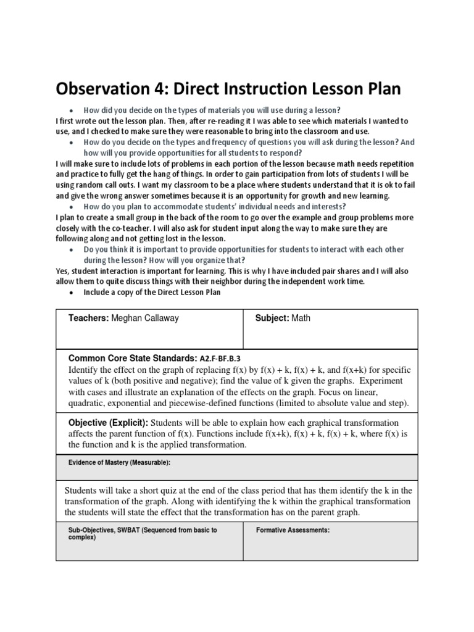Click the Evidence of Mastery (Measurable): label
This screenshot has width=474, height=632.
pos(118,462)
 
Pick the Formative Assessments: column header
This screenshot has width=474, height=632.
pos(293,530)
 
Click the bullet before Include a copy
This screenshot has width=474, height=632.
pos(72,293)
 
